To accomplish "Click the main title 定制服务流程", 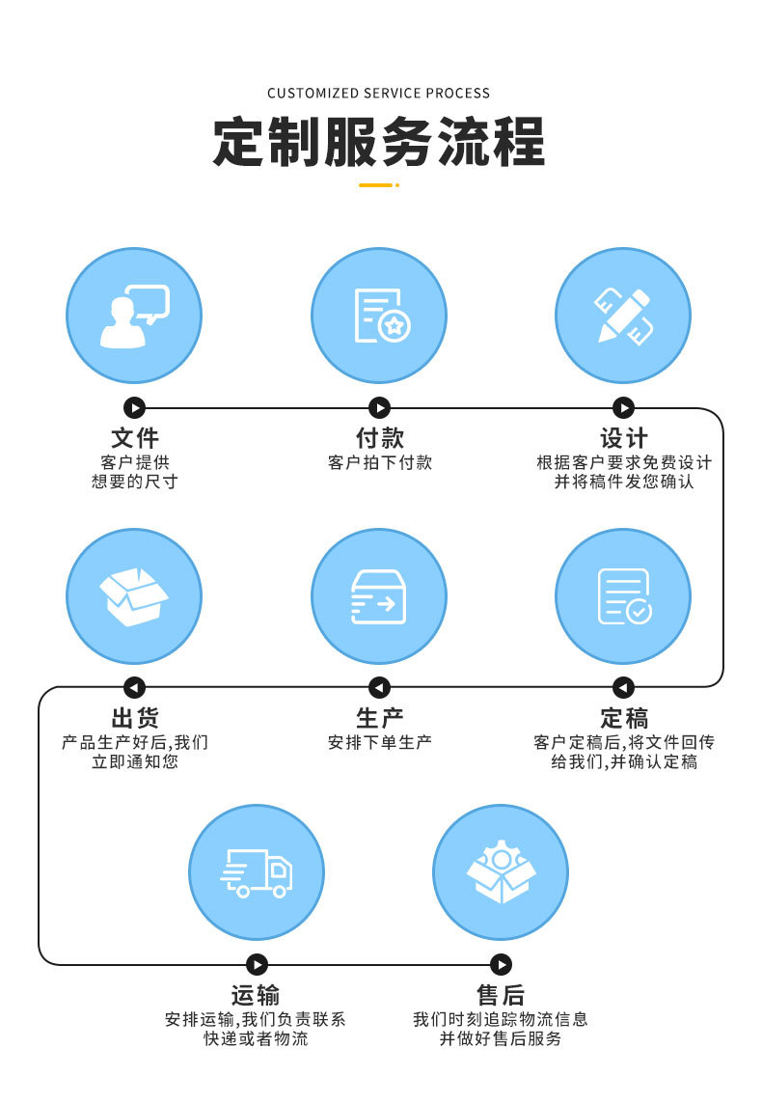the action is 379,142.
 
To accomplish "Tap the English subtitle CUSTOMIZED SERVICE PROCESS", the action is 379,94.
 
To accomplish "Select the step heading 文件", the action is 135,439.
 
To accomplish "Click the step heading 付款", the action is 379,439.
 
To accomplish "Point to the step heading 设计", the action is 624,439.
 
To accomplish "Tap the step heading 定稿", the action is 624,718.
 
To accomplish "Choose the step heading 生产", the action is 379,718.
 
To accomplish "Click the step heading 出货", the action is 135,718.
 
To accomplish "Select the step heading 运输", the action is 256,995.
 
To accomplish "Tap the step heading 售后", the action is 501,995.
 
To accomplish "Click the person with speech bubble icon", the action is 134,316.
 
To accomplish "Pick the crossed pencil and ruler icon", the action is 623,316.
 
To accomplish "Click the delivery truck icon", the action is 257,872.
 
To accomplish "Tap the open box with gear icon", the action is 501,872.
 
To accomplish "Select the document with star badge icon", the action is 381,316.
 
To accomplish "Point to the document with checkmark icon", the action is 624,596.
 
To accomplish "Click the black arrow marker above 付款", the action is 380,408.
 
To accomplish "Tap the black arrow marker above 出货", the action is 135,687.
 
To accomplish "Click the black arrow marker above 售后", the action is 501,964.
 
